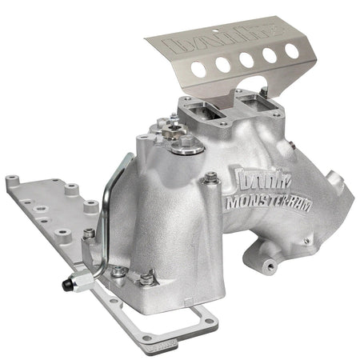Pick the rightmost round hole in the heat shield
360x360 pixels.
click(292, 50)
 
